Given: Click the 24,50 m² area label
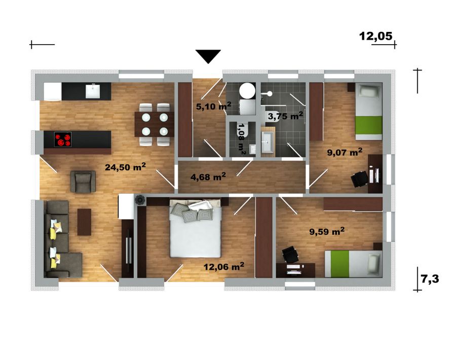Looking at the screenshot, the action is click(x=125, y=167).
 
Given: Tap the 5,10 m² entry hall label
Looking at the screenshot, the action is click(x=213, y=106).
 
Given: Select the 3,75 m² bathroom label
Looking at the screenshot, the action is click(x=285, y=116).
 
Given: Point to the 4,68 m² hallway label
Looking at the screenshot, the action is click(x=208, y=176).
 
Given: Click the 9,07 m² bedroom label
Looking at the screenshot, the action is click(x=345, y=152).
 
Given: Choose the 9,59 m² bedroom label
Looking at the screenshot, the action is click(x=327, y=231).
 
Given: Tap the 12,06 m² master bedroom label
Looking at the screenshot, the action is click(x=223, y=266).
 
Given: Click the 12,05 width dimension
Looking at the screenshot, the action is click(x=376, y=36).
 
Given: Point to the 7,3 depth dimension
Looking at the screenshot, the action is click(x=430, y=279).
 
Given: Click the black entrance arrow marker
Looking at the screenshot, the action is click(x=208, y=56).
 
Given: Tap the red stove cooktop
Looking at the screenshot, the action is click(x=63, y=139).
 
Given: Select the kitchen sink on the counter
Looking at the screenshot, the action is click(x=93, y=91).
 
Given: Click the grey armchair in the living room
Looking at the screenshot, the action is click(x=83, y=182).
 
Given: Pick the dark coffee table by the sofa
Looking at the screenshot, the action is click(x=84, y=222).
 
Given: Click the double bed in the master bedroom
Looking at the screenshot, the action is click(x=196, y=228).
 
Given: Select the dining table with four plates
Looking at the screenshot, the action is click(x=155, y=124).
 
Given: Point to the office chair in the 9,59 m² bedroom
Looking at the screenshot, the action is click(x=290, y=255).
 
